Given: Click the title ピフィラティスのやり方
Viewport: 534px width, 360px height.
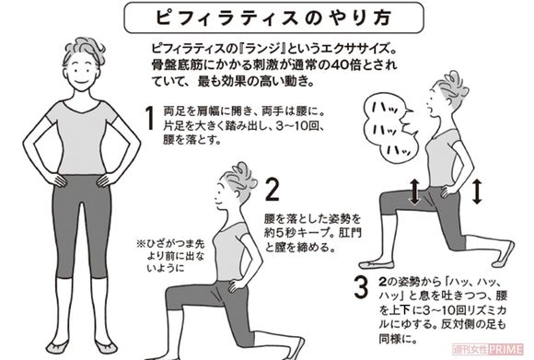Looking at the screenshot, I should coord(266,17).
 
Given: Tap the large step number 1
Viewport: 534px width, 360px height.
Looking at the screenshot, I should coord(148,119).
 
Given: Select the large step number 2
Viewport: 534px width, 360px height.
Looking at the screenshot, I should coord(272,191).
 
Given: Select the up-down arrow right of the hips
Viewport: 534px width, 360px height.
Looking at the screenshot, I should coord(478,192).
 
